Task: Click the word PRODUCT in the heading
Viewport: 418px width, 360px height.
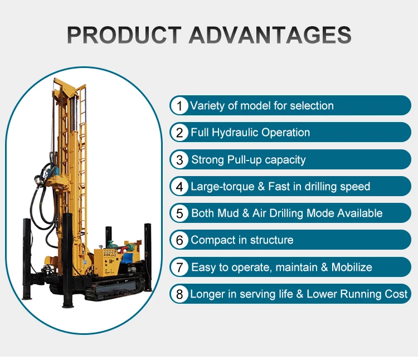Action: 124,35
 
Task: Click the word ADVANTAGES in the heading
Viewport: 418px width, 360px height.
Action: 270,35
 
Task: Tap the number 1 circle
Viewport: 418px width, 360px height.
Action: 179,105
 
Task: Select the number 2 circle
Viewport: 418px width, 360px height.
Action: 179,133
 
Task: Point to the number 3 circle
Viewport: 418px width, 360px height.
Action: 179,159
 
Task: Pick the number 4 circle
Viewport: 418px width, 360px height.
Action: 179,186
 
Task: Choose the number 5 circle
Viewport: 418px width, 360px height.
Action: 179,213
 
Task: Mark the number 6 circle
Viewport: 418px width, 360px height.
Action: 179,240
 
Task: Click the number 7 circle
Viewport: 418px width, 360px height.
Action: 179,267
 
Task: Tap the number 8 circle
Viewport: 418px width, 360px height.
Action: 179,294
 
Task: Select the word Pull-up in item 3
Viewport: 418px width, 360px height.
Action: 244,160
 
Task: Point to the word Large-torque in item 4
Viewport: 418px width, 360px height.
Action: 222,187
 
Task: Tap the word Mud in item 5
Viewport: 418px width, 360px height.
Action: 228,213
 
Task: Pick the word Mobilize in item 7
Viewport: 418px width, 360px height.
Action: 352,267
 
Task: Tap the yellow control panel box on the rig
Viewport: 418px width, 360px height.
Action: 106,262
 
